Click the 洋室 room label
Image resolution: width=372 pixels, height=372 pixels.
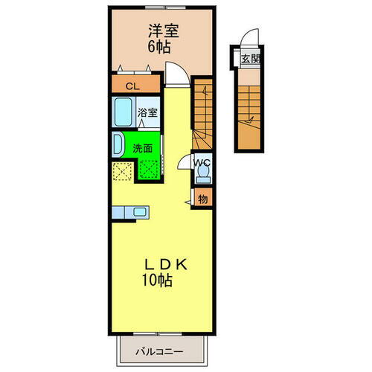point(163,32)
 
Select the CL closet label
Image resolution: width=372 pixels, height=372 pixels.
point(131,86)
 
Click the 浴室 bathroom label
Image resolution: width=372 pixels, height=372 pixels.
point(147,113)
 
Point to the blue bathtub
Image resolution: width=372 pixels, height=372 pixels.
point(124,113)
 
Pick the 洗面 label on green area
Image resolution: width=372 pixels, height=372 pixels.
point(143,147)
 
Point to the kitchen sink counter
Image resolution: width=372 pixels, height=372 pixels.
point(129,213)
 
